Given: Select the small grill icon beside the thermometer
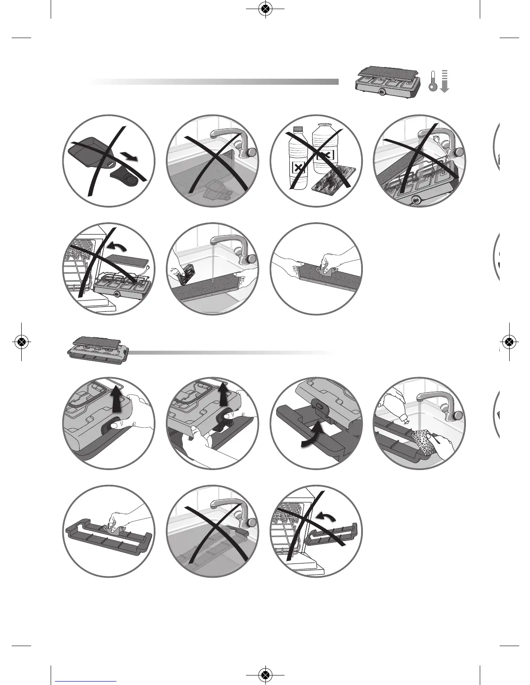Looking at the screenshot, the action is pyautogui.click(x=386, y=80).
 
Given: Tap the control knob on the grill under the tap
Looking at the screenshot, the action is pyautogui.click(x=417, y=200).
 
